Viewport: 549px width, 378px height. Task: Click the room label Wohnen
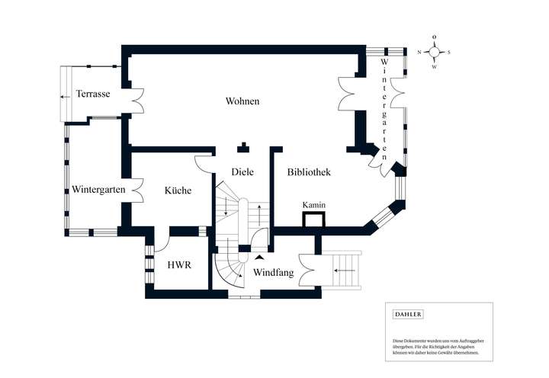242,101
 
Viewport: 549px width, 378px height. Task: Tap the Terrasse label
93,94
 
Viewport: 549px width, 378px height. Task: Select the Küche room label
178,191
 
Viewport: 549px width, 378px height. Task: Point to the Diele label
242,172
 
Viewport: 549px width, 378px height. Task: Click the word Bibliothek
308,173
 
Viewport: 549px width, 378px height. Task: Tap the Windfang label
273,272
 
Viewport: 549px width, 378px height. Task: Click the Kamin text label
314,206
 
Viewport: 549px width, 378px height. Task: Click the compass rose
434,52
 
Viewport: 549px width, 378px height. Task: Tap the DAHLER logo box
408,314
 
